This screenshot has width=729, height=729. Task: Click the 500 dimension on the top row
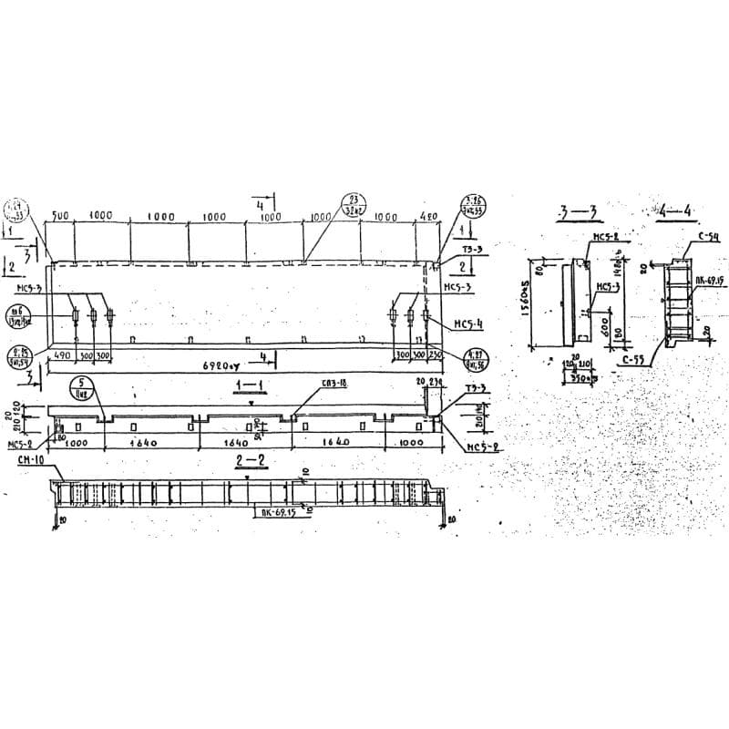(x=61, y=216)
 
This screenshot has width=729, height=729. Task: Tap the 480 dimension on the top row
(x=429, y=217)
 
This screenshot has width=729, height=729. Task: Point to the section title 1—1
(x=246, y=385)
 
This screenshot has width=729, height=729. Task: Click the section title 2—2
(x=251, y=461)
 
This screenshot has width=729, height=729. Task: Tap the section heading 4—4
(x=675, y=211)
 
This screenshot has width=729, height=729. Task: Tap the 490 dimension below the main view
(x=62, y=354)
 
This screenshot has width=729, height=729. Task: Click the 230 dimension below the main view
(x=436, y=354)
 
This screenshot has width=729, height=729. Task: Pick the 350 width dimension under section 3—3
(x=580, y=375)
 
